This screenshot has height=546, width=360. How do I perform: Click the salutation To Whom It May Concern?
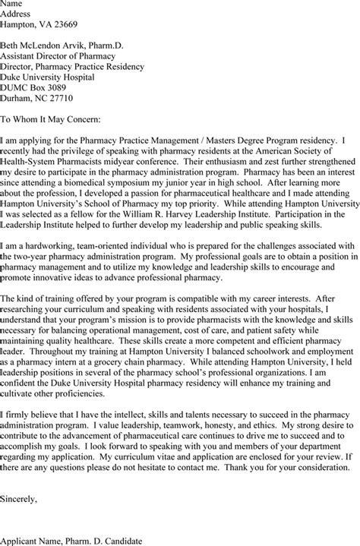(x=56, y=119)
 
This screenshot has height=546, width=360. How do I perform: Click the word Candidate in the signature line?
(x=142, y=541)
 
